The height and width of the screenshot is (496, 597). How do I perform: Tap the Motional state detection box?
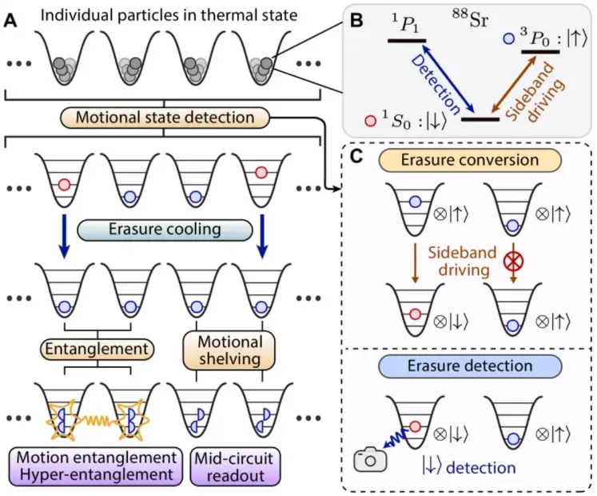coord(165,118)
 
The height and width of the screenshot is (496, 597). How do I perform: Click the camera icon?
coord(370,459)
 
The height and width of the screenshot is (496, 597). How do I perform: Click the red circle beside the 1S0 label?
coord(368,121)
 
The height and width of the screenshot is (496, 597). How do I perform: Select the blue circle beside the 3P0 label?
coord(509,38)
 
